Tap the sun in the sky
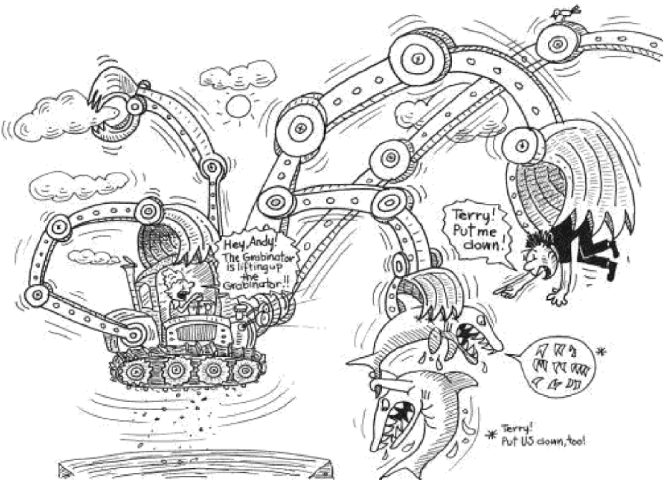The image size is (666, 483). point(239,107)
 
